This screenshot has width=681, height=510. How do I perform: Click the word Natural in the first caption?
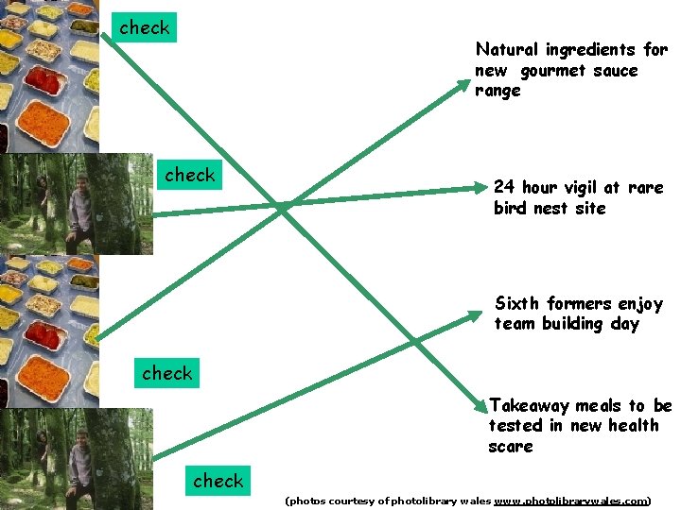coord(506,49)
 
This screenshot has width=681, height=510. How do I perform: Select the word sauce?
coord(619,71)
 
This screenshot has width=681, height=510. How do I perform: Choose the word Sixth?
coord(516,303)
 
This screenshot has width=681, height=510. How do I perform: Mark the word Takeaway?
coord(530,405)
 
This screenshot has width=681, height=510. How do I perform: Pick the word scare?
coord(511,447)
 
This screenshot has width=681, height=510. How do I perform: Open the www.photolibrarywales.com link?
coord(571,501)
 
